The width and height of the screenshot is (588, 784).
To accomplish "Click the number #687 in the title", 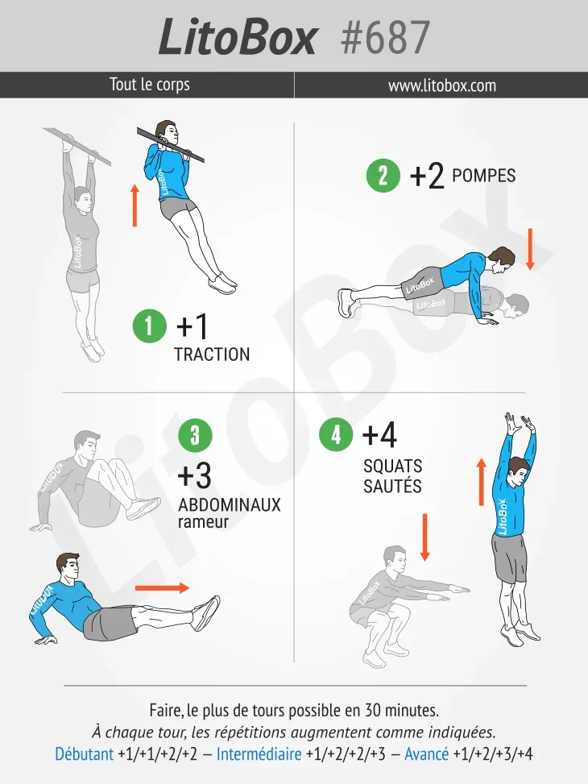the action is (385, 38).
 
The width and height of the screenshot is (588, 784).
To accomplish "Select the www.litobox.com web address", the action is (442, 85).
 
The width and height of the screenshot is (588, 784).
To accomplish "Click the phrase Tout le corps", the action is (150, 84).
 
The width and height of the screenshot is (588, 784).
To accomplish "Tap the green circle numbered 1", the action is (149, 326).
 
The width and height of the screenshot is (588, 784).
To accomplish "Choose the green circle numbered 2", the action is (383, 176).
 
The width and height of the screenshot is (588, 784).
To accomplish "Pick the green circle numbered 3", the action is (195, 435).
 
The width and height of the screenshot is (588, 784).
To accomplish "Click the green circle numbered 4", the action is (336, 434).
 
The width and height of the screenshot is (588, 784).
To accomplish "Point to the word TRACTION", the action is (212, 355).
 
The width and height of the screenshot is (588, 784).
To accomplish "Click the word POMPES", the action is (483, 176).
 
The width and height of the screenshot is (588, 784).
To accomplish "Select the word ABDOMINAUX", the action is (230, 504).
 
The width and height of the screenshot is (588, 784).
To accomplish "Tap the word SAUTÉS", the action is (392, 486).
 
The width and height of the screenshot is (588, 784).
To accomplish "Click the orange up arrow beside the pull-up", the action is (135, 205).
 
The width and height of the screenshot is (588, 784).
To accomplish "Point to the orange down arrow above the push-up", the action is (531, 249).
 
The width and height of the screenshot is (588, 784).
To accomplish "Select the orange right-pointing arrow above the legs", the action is (163, 588).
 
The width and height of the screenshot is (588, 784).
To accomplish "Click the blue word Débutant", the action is (85, 753).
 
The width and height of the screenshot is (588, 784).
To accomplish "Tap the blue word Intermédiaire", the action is (259, 753).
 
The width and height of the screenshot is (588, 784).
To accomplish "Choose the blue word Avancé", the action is (426, 753).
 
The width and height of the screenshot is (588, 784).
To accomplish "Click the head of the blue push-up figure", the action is (502, 260).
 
